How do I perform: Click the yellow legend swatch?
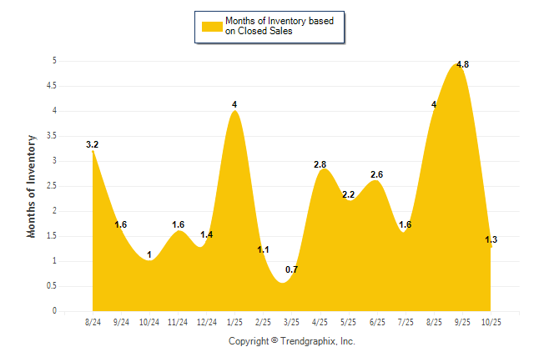point(212,26)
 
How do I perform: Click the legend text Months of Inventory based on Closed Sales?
point(280,26)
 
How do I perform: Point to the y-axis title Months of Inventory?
point(32,186)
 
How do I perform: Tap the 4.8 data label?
point(462,64)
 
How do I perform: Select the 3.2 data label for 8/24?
point(92,145)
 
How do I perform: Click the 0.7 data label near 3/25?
point(292,269)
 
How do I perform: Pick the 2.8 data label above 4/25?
point(320,164)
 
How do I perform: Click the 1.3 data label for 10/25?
point(491,239)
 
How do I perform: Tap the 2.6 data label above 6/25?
point(376,174)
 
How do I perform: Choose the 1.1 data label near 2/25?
point(263,249)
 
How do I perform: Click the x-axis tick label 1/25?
point(234,322)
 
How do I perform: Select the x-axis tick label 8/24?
point(93,322)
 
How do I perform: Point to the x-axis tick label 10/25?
point(491,322)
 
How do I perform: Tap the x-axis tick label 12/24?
point(206,322)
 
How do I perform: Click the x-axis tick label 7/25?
point(405,322)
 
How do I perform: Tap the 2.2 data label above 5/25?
point(348,194)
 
